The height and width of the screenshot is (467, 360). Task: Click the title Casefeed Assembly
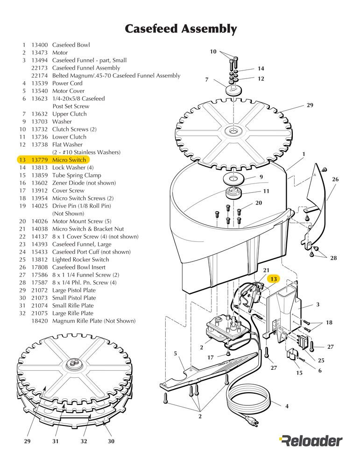(181, 28)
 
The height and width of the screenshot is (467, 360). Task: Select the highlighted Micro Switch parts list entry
(53, 160)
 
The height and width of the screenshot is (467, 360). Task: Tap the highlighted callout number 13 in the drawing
(273, 279)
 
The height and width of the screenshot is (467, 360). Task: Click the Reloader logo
(311, 441)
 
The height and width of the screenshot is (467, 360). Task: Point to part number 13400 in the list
(40, 45)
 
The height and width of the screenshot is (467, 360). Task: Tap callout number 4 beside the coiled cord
(287, 406)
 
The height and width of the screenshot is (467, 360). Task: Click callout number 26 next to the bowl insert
(335, 179)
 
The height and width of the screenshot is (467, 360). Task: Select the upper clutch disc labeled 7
(233, 90)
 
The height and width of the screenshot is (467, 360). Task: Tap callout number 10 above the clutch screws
(213, 51)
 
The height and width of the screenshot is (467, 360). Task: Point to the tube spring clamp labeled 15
(292, 354)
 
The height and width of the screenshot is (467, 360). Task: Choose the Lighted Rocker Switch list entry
(80, 260)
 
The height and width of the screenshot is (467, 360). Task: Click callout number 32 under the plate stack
(84, 441)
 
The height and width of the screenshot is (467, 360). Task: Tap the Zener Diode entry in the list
(84, 183)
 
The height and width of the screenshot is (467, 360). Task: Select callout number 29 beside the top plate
(310, 105)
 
